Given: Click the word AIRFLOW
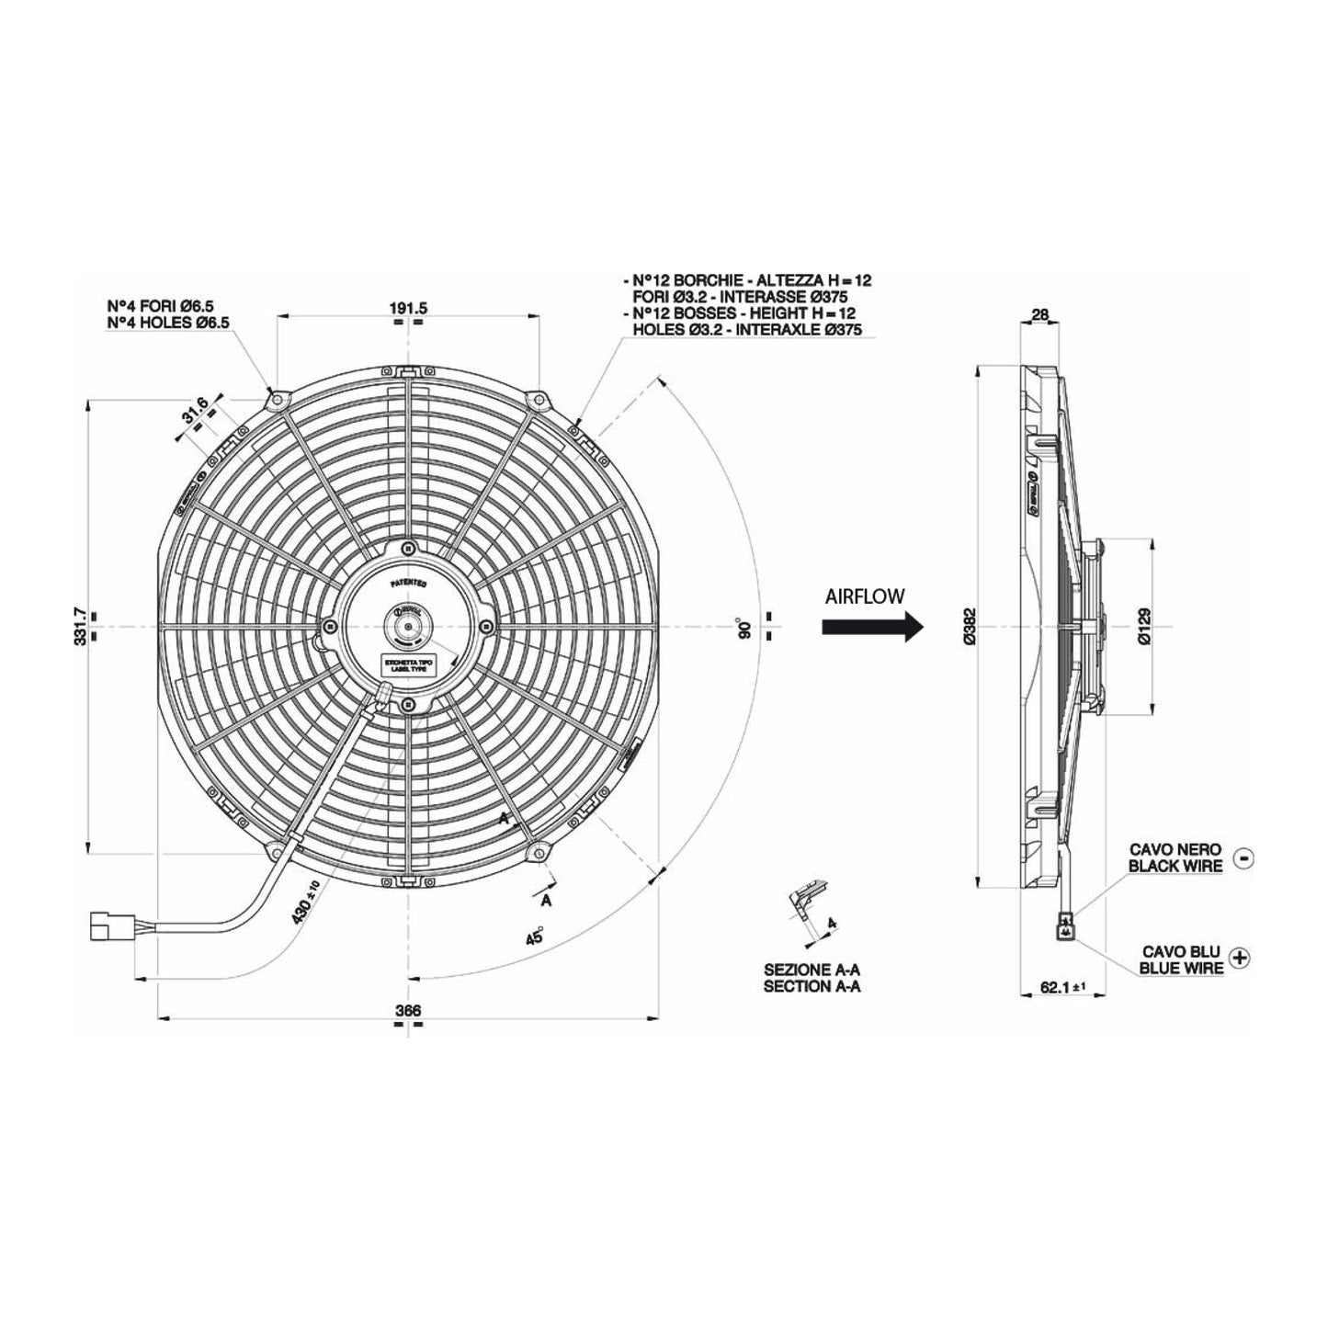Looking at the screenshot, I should point(865,596).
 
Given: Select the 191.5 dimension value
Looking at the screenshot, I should point(409,309).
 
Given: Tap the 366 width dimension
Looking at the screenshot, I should point(407,1011).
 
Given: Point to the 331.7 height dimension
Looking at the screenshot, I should point(82,625).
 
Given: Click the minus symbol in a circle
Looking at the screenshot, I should point(1243,858).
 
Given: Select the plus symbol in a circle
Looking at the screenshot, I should point(1242,958).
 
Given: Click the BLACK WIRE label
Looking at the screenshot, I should point(1175,866).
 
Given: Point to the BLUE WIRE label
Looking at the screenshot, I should point(1182,967).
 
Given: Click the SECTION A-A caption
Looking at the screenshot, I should point(812,987).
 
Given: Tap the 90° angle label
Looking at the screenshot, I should point(745,629).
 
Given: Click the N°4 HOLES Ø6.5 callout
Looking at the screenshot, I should point(168,322).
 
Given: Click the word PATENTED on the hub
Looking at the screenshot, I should point(408,583).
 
